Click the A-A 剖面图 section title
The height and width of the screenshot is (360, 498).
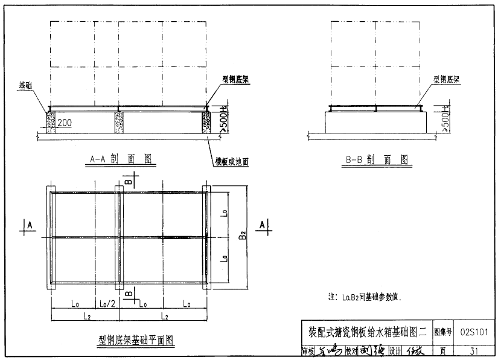point(120,159)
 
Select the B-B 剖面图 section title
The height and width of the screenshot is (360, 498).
point(377,159)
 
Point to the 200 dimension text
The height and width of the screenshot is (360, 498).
point(65,123)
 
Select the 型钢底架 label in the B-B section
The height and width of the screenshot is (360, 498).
point(447,79)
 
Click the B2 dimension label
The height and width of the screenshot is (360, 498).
point(242,235)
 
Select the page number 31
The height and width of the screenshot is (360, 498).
point(477,350)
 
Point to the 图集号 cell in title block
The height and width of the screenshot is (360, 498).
point(443,331)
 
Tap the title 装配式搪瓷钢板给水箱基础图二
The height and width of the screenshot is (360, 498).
point(368,331)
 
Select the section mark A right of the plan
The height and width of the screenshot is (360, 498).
point(261,224)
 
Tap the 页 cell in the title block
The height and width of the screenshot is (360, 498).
point(443,350)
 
